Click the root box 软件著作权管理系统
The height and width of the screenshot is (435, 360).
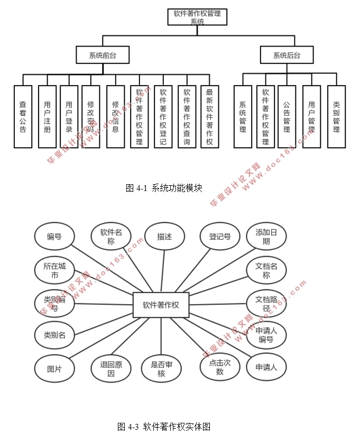[197, 17]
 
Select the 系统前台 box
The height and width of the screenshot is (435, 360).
[102, 55]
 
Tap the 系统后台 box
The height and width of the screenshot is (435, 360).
[287, 55]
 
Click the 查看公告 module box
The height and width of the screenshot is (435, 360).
[23, 116]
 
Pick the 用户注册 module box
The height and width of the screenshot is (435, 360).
[47, 116]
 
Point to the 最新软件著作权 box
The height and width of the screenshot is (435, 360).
[209, 116]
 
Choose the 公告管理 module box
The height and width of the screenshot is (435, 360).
[287, 116]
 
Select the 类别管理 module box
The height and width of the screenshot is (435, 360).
[336, 116]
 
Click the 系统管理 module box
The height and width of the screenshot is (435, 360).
[243, 116]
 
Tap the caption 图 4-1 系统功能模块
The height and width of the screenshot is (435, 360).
[164, 188]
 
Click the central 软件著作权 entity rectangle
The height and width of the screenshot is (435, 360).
[161, 305]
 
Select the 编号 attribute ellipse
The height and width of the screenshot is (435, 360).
[54, 237]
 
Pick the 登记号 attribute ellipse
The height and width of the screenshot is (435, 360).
[220, 237]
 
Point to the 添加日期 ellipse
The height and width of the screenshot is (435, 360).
[266, 237]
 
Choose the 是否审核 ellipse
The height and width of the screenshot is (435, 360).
[162, 368]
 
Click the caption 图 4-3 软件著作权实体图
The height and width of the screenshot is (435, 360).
[164, 426]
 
